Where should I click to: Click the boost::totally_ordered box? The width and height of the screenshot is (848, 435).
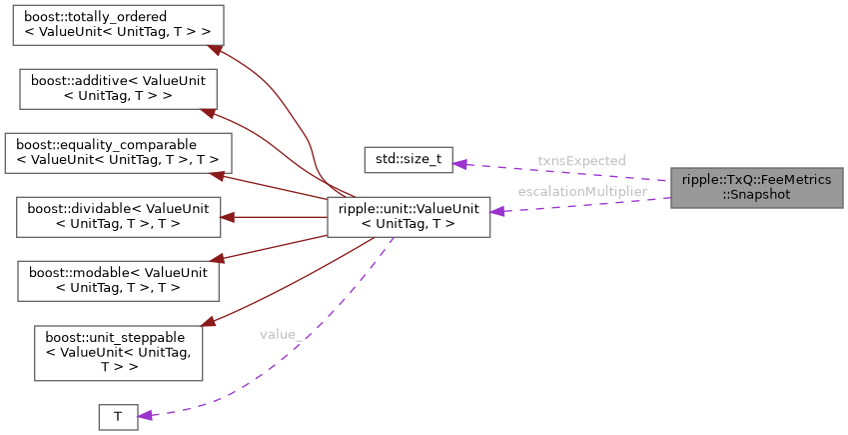point(118,24)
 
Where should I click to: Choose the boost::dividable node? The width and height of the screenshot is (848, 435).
point(118,216)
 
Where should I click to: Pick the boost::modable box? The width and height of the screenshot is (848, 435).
point(118,280)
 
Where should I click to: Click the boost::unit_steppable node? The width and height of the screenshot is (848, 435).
point(118,352)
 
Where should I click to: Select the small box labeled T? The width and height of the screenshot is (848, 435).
point(117,417)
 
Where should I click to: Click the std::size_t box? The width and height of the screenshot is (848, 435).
point(408,159)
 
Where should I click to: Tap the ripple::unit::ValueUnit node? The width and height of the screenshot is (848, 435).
point(409,216)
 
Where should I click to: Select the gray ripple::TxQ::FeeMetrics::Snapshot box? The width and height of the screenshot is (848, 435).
point(756,187)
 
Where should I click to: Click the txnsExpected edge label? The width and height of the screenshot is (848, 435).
point(580,160)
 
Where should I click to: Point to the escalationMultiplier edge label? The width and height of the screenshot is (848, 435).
point(581,191)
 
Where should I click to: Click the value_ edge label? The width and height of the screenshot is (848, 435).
point(281,334)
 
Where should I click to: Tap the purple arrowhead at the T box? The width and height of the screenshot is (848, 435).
point(143,414)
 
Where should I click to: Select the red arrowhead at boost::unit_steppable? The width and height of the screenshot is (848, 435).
point(208,323)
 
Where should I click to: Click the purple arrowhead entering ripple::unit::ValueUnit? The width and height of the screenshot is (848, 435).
point(496,211)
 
